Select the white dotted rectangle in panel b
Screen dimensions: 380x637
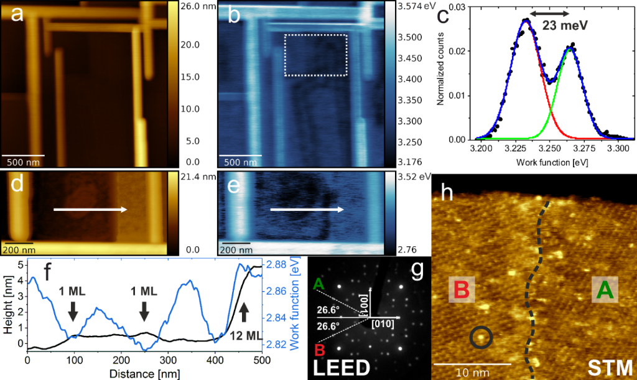click(x=315, y=55)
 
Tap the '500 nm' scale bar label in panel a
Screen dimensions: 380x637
click(x=26, y=163)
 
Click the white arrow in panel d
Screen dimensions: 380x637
click(x=91, y=210)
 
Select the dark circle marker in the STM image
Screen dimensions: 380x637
click(x=480, y=338)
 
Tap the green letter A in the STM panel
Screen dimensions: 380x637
click(x=602, y=290)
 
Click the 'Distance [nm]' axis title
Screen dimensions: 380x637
click(x=144, y=373)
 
